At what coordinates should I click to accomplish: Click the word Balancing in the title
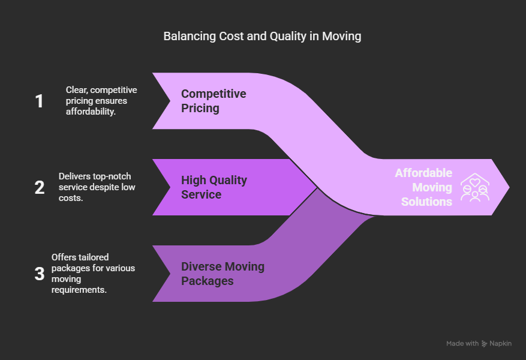(x=190, y=37)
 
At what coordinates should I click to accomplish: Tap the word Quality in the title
(x=288, y=37)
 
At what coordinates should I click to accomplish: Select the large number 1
(x=39, y=101)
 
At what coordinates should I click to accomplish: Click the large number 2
(x=40, y=188)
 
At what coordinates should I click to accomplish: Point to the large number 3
(x=40, y=274)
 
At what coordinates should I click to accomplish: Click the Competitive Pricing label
(x=214, y=101)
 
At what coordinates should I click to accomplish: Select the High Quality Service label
(x=214, y=187)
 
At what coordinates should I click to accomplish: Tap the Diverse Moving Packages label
(x=223, y=274)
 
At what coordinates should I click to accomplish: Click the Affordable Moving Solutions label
(x=423, y=187)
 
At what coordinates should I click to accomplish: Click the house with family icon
(x=475, y=187)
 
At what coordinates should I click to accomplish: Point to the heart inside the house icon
(x=474, y=182)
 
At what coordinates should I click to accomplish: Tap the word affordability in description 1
(x=91, y=112)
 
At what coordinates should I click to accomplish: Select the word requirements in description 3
(x=79, y=290)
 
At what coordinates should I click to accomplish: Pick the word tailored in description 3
(x=94, y=257)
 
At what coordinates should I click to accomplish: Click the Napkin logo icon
(x=485, y=344)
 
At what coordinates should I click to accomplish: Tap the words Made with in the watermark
(x=462, y=344)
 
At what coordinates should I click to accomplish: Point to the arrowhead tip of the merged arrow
(x=510, y=187)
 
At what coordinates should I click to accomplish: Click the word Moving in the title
(x=341, y=37)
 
